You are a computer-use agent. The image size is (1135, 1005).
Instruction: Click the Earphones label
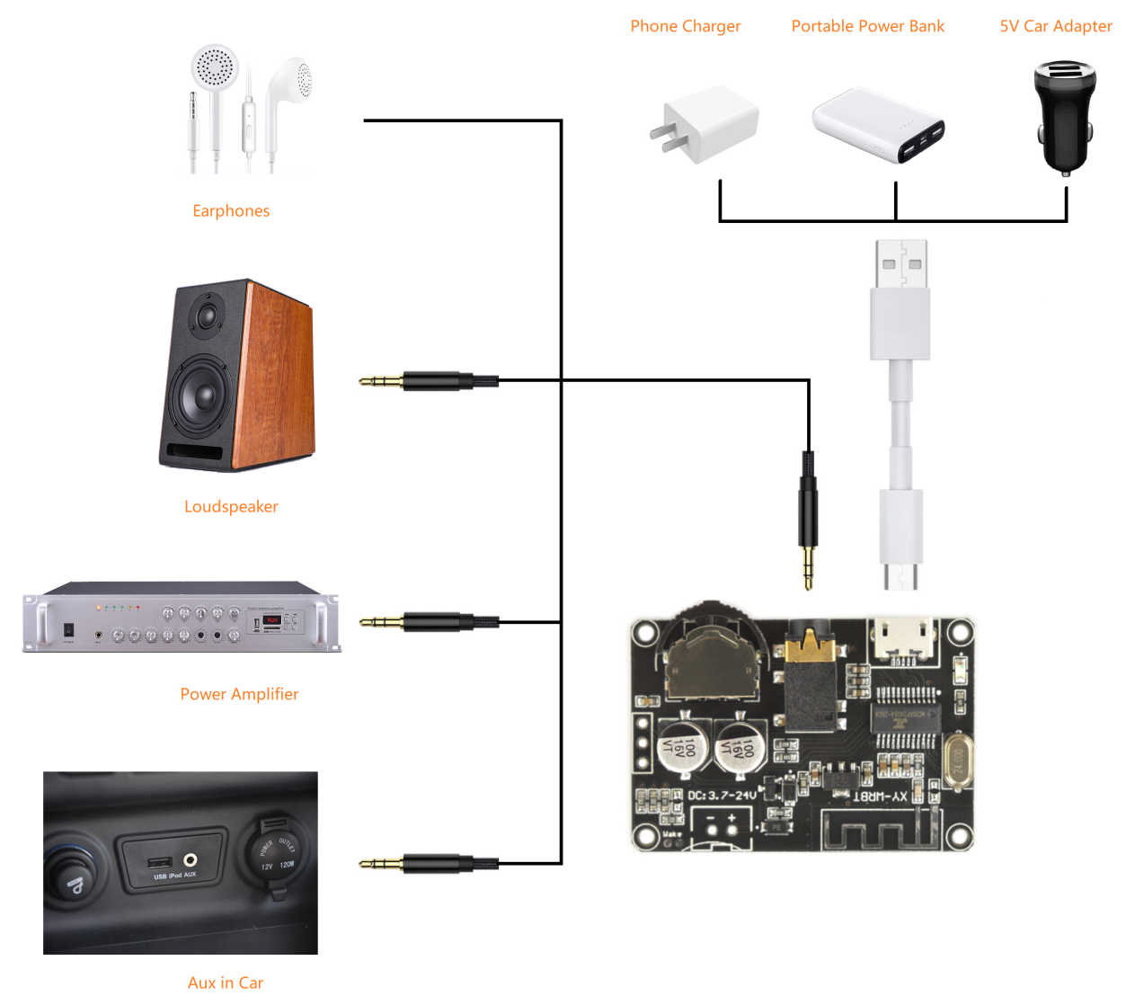231,211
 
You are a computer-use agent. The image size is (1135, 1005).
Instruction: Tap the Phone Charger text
685,26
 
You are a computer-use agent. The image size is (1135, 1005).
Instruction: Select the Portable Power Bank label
867,26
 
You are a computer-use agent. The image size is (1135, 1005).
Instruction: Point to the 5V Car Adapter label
1055,26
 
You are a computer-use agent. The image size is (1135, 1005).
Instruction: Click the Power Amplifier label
239,694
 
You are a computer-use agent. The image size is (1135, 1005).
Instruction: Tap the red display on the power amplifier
272,620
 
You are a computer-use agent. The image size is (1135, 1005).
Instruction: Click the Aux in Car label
226,983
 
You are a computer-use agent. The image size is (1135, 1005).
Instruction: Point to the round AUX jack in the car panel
191,860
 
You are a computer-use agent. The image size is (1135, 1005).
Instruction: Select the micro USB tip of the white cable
900,576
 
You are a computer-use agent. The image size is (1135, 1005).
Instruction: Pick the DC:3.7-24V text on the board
722,796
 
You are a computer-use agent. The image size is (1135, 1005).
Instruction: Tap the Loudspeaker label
231,507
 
